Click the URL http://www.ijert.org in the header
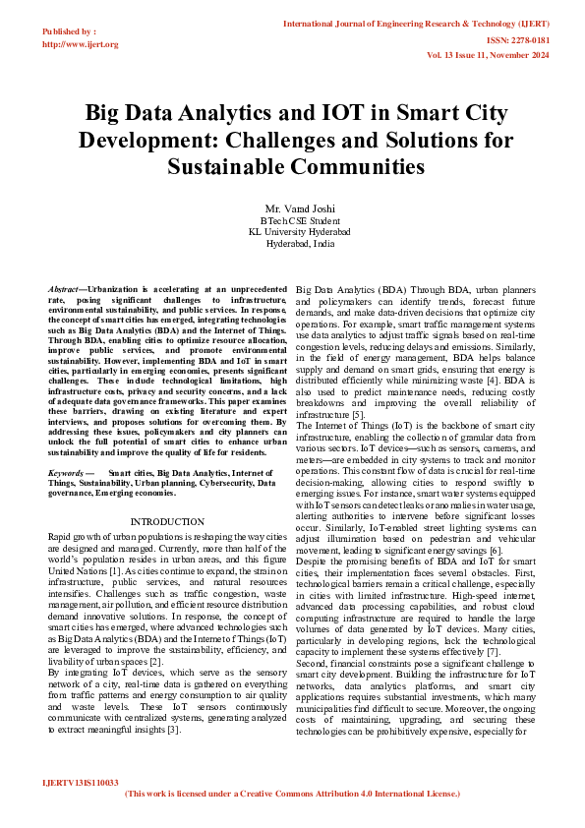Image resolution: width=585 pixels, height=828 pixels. (81, 44)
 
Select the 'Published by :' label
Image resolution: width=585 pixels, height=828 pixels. (70, 31)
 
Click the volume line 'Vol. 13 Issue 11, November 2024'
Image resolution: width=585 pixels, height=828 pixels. (501, 56)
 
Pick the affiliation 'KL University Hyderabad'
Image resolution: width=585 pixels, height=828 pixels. (299, 232)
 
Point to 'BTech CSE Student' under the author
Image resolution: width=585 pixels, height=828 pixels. (299, 221)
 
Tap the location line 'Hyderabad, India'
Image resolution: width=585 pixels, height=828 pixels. (299, 243)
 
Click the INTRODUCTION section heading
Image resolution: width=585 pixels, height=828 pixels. (167, 521)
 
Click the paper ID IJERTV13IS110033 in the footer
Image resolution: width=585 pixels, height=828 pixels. (81, 783)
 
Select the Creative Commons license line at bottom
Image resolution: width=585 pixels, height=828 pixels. (292, 793)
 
